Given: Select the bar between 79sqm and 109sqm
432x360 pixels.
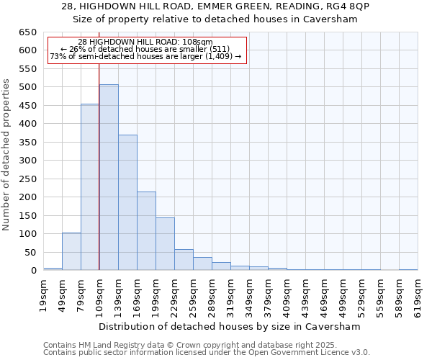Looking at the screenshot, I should point(90,187).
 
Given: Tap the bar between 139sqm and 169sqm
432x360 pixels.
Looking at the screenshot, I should point(127,202).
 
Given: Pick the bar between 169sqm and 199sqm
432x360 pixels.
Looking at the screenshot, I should point(146,230).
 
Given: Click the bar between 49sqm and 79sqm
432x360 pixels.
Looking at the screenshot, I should point(71,251).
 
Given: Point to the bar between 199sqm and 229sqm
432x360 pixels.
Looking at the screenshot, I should point(165,244).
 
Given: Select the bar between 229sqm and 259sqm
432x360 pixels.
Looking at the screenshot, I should point(184,260).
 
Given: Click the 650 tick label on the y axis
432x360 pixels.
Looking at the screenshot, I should point(27,32).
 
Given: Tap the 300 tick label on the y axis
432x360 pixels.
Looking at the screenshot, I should point(27,161).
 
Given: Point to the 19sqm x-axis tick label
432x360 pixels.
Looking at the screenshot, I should point(43,291).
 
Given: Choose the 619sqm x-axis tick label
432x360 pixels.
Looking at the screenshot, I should point(418,291).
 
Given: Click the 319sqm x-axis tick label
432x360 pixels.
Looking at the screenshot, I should point(230,291).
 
